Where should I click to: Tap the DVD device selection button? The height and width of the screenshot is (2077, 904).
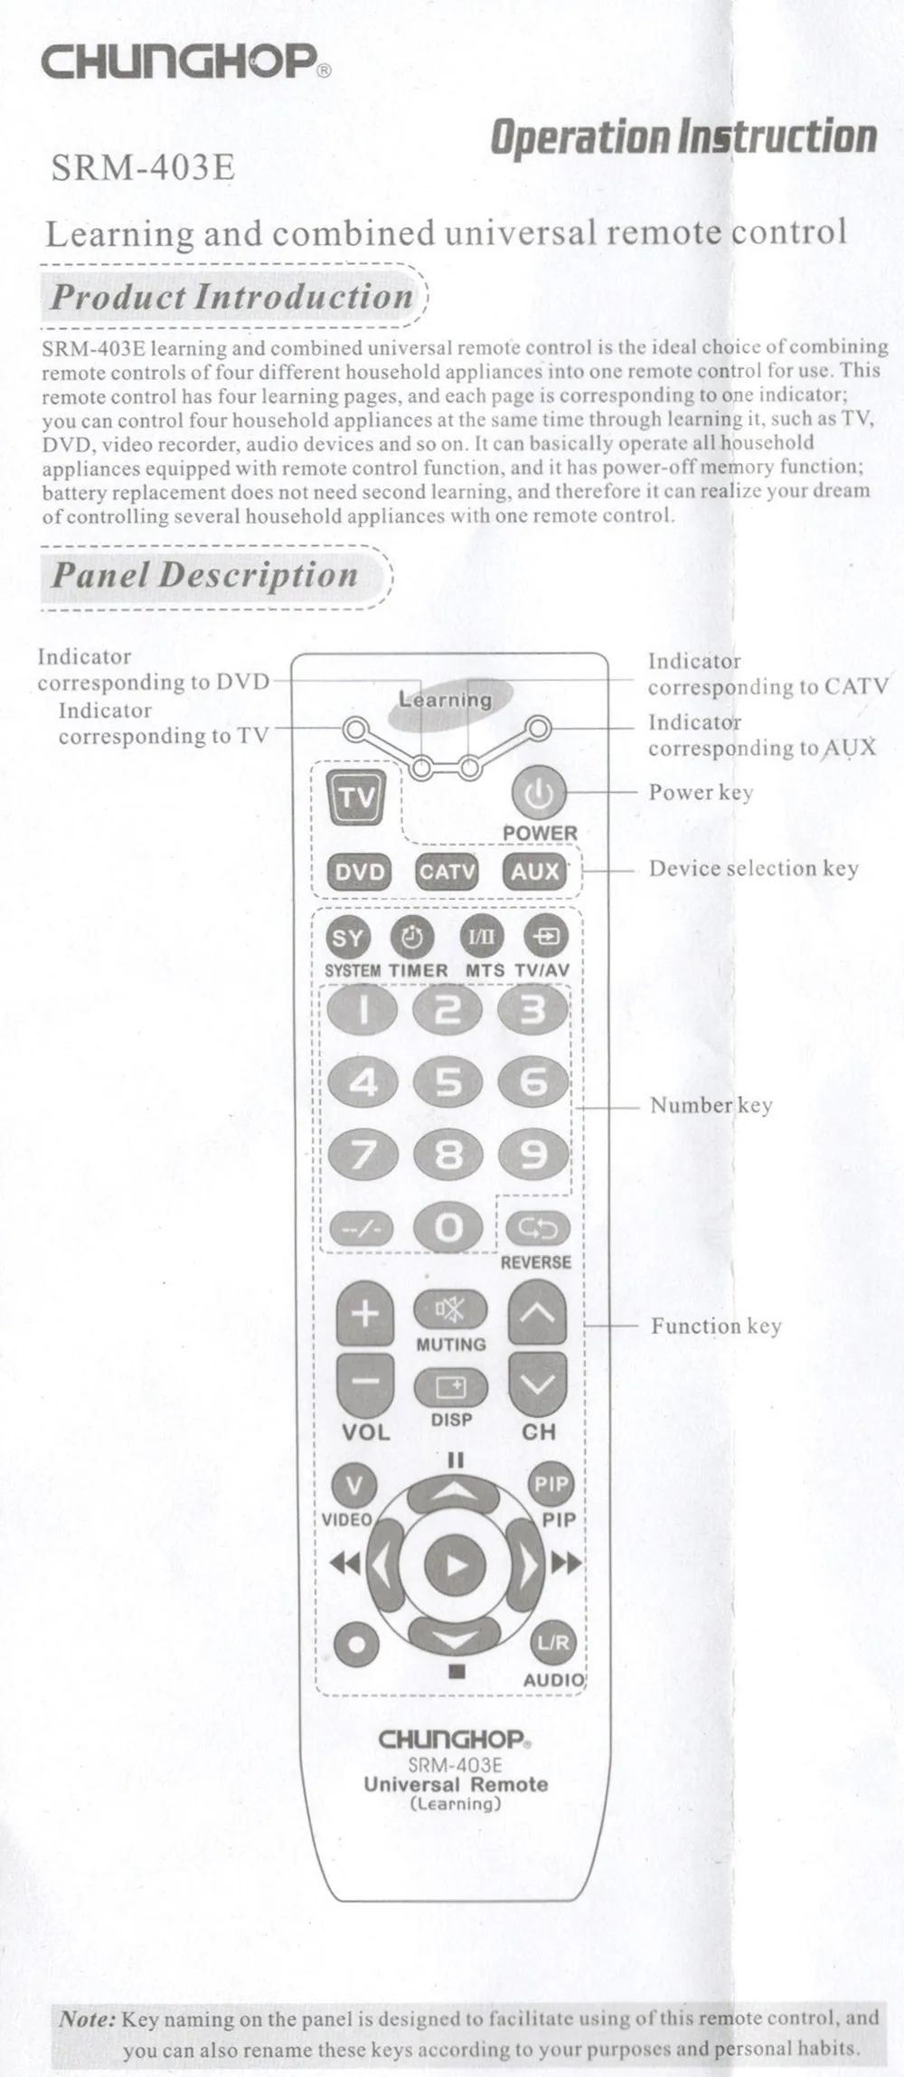coord(360,872)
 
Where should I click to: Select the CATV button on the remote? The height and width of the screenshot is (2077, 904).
coord(447,872)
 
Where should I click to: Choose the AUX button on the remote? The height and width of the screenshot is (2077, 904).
coord(535,872)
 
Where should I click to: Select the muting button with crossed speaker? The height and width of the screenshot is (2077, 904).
coord(450,1309)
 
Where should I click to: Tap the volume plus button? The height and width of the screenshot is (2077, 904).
coord(364,1313)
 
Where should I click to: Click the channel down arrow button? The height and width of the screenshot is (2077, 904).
coord(538,1383)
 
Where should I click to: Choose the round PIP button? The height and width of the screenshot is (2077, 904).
coord(550,1484)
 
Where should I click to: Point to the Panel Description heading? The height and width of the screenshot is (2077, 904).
coord(204,575)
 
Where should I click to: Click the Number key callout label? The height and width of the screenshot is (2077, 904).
coord(711,1105)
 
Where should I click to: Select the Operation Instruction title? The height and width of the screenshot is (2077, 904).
coord(683,137)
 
